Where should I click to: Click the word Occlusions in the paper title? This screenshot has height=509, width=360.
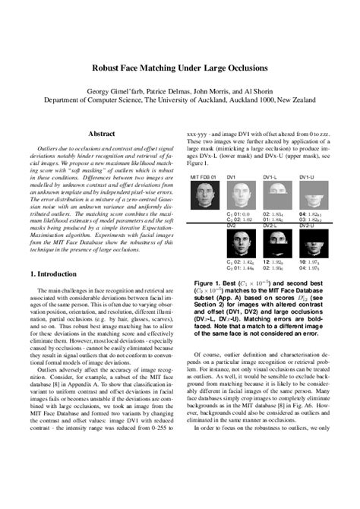tap(235, 67)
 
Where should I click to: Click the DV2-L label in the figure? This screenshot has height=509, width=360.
tap(271, 226)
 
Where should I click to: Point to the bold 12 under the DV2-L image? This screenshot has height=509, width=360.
tap(267, 262)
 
